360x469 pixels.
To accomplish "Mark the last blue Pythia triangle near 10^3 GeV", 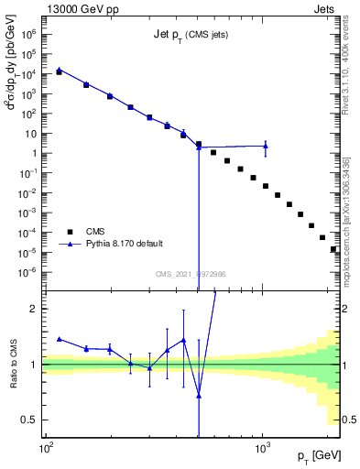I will pyautogui.click(x=266, y=146).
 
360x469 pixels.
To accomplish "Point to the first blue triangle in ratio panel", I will pyautogui.click(x=60, y=339).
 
